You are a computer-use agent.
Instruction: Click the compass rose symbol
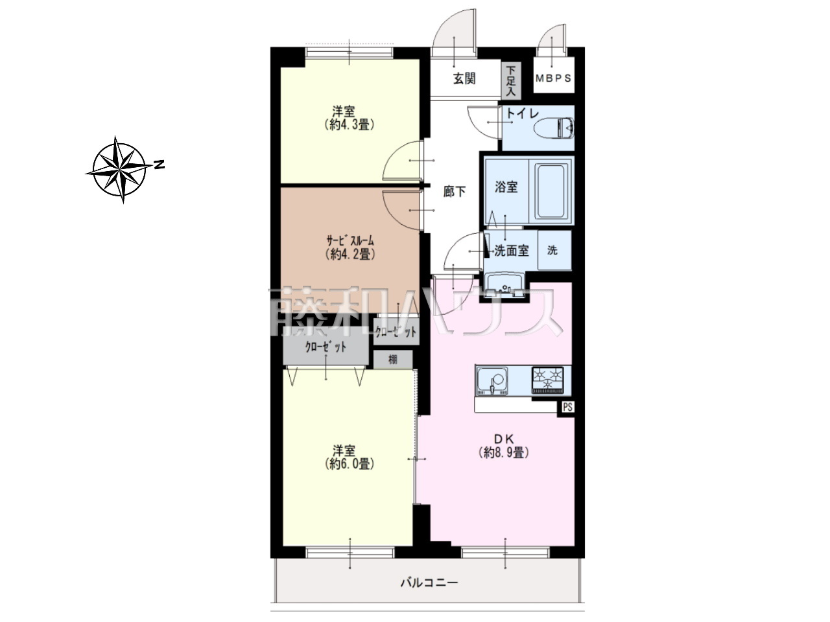119,169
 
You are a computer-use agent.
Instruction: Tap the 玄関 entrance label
464,79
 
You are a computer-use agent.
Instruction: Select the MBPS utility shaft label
553,78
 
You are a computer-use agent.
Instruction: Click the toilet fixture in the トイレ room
554,128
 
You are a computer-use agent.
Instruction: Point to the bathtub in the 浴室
551,191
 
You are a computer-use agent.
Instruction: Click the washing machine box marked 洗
554,250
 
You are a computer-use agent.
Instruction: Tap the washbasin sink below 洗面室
504,286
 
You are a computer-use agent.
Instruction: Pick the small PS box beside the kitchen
567,408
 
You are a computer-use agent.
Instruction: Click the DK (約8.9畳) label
503,446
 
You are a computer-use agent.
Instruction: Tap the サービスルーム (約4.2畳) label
350,248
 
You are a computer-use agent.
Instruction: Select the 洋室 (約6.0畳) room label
349,457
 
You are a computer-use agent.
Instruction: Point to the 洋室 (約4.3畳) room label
349,118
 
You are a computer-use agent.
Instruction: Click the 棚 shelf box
393,359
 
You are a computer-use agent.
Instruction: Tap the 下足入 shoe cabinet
511,81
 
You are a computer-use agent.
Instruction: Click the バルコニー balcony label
429,582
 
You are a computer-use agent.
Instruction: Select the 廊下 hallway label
454,192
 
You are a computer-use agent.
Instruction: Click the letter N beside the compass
160,165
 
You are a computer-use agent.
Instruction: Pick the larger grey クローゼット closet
326,347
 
